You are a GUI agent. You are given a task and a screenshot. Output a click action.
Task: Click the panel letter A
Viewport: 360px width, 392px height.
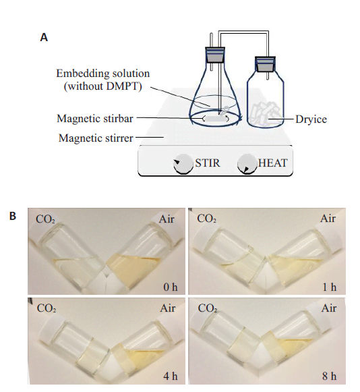tap(44, 38)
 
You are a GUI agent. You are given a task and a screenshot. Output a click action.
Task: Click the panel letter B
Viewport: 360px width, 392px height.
tap(13, 216)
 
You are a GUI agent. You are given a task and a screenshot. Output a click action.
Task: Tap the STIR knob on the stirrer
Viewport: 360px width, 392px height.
tap(183, 164)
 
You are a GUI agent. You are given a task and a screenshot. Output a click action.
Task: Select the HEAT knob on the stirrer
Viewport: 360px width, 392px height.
tap(247, 164)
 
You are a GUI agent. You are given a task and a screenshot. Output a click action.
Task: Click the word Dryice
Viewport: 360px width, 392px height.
tap(311, 119)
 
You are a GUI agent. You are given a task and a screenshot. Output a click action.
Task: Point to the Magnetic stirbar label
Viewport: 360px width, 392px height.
tap(95, 119)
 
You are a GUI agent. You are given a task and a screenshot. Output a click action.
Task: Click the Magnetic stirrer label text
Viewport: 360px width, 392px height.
tap(96, 138)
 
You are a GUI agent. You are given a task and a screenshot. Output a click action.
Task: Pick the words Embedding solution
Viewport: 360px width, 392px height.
tap(103, 74)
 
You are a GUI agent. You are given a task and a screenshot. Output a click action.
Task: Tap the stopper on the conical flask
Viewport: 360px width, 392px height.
tap(215, 55)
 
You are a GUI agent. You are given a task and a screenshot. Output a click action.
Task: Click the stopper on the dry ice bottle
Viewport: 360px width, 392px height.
tap(266, 64)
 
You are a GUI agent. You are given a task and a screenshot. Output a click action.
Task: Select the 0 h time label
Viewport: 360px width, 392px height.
tap(171, 287)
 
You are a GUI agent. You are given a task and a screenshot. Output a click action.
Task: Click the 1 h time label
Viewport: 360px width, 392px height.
tap(330, 287)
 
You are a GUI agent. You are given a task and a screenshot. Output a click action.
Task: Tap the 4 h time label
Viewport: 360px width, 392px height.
tap(171, 376)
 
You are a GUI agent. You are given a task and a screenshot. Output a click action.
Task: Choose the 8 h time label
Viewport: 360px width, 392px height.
tap(329, 376)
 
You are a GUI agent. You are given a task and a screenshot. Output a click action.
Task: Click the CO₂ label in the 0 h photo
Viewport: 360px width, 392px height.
tap(45, 219)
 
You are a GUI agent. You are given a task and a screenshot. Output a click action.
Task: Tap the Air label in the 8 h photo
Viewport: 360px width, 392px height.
tap(329, 308)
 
